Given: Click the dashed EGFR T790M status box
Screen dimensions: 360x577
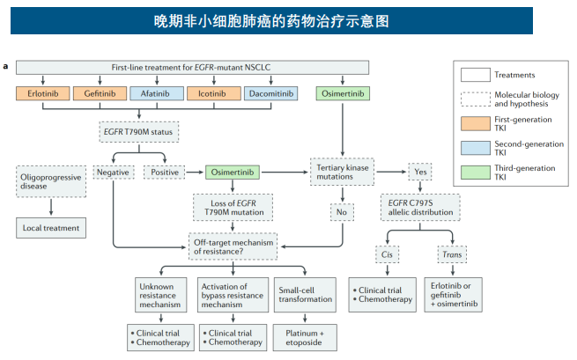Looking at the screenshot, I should pyautogui.click(x=139, y=133).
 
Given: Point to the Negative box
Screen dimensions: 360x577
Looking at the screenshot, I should pyautogui.click(x=113, y=172).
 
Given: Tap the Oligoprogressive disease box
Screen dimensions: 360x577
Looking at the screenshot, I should pyautogui.click(x=51, y=182).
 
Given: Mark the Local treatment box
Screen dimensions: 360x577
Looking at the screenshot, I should pyautogui.click(x=51, y=228).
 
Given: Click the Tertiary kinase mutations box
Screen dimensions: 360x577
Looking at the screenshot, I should pyautogui.click(x=342, y=172).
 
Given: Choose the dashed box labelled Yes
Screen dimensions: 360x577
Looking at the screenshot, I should pyautogui.click(x=420, y=172).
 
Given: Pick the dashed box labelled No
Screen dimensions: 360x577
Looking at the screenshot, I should pyautogui.click(x=342, y=211).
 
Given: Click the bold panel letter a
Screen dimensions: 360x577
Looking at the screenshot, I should pyautogui.click(x=7, y=66).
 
